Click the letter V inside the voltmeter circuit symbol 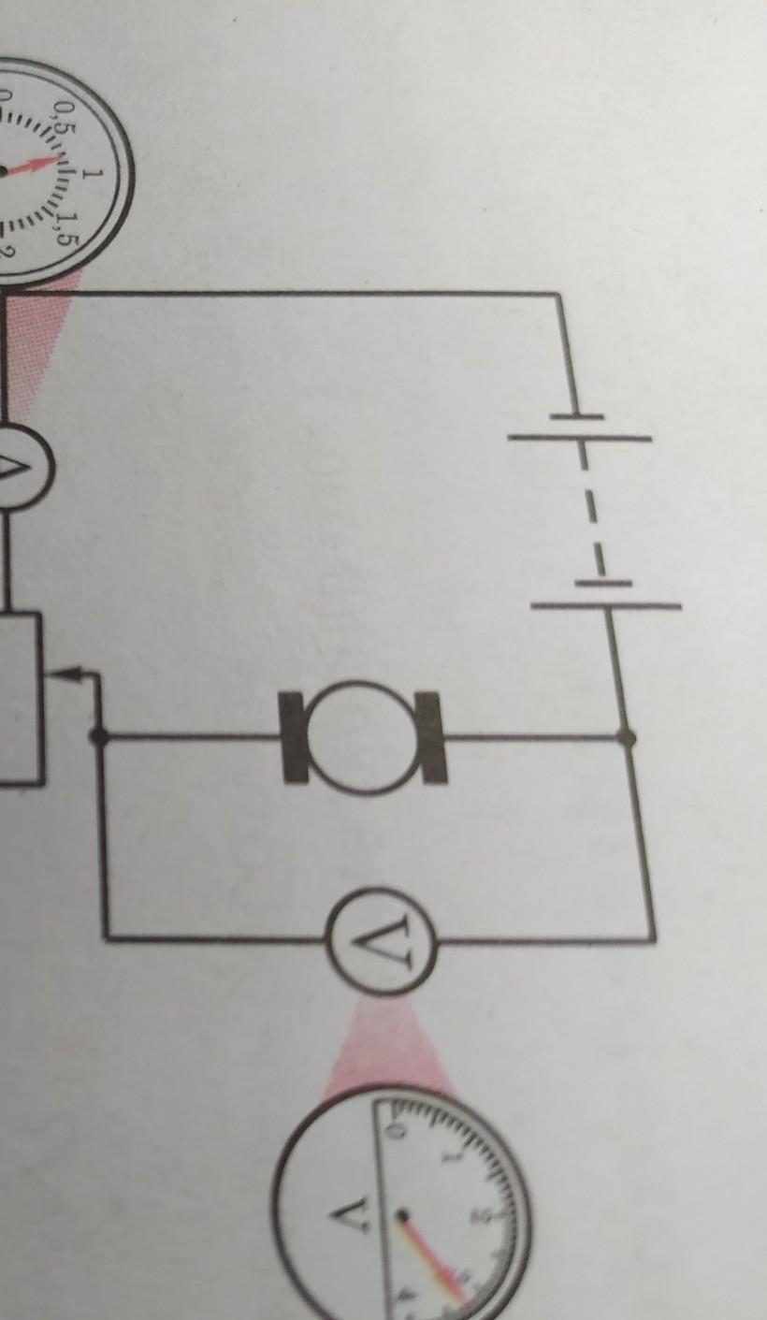382,940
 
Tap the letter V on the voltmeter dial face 342,1216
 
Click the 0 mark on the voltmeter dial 395,1133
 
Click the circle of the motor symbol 364,737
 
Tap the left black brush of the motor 296,737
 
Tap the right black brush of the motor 432,737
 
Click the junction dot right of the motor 627,737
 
